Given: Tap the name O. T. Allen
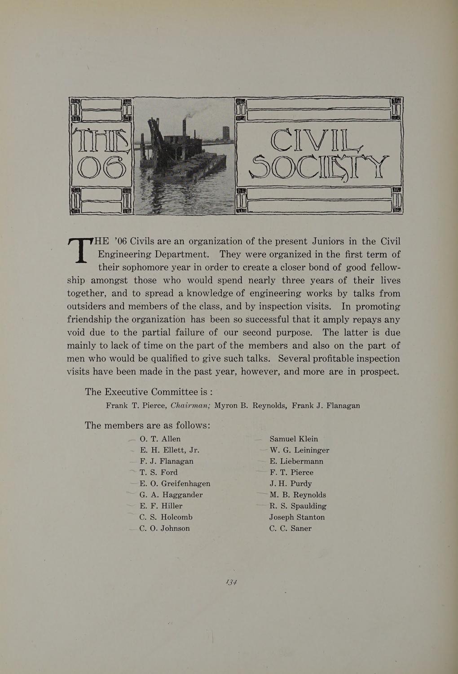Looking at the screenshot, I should [x=160, y=439].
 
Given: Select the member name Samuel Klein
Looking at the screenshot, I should [x=294, y=439].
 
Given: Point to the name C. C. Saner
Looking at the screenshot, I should [x=291, y=528].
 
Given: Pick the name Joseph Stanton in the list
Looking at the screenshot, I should [x=297, y=517].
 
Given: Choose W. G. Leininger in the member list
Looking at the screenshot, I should [x=299, y=450].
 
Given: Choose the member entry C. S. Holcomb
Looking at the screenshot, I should [x=166, y=517].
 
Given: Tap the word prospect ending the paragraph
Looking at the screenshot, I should [x=378, y=372].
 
